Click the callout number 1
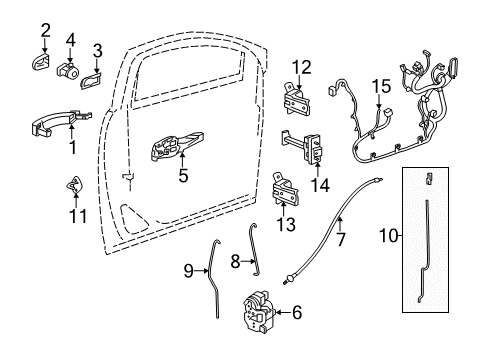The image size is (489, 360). [71, 147]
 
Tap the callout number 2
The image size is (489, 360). [45, 29]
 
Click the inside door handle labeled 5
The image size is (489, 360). [174, 149]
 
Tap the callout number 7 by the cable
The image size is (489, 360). [342, 240]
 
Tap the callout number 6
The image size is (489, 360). [297, 312]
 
